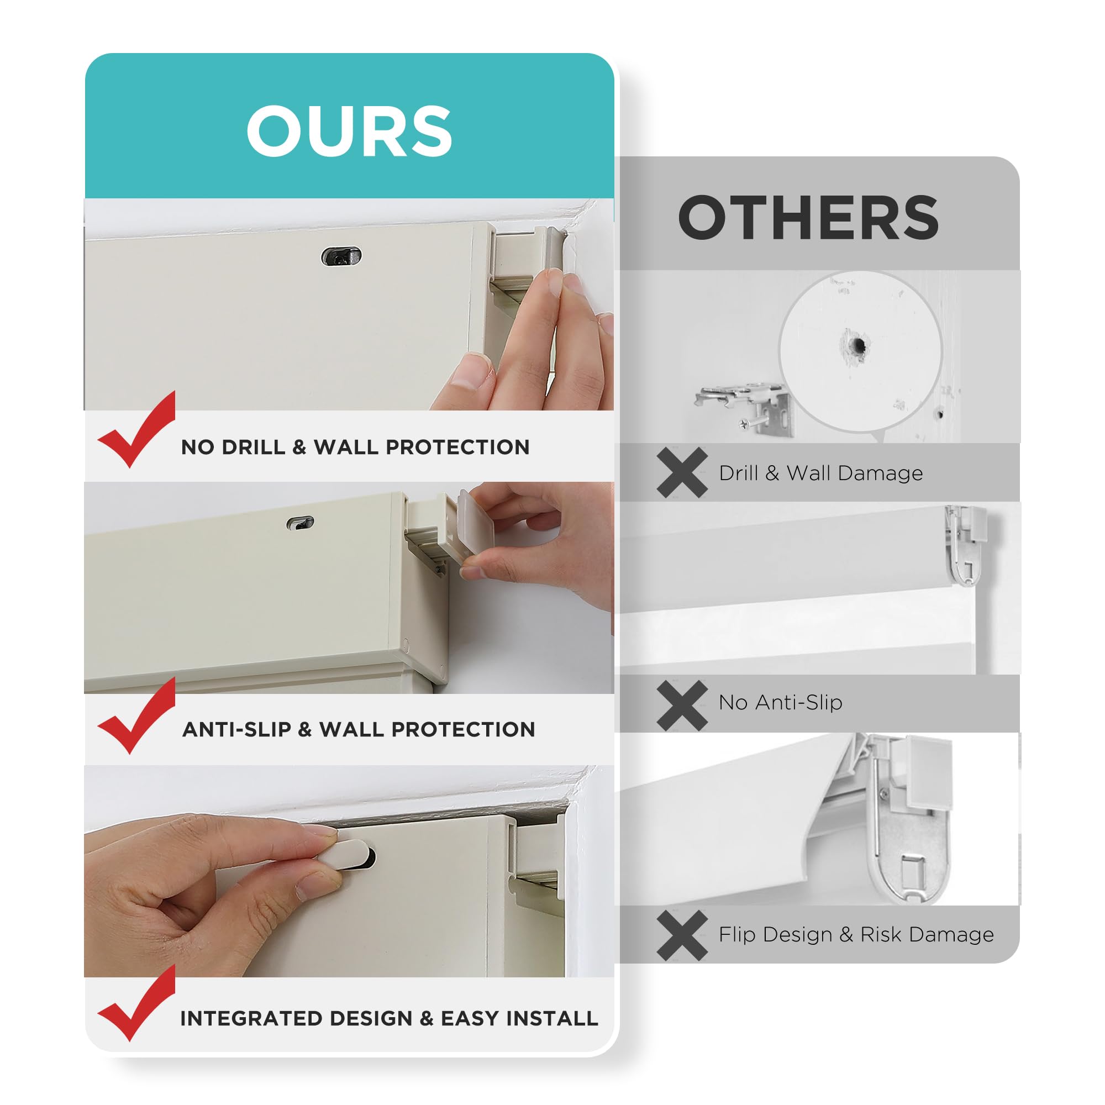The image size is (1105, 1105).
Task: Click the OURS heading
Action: coord(349,131)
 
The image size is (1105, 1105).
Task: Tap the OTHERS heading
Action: coord(808,218)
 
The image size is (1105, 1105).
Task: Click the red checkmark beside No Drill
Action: coord(136,430)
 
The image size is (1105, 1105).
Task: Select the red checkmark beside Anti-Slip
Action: coord(136,715)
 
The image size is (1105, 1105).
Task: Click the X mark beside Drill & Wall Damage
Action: coord(682,473)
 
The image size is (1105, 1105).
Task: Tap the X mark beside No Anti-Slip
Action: coord(682,705)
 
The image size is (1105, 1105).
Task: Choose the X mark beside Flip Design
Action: coord(682,936)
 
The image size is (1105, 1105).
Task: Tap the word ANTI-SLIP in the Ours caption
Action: coord(236,730)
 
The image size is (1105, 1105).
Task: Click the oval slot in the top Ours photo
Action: coord(341,257)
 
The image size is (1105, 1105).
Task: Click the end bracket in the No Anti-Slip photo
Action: coord(966,543)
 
